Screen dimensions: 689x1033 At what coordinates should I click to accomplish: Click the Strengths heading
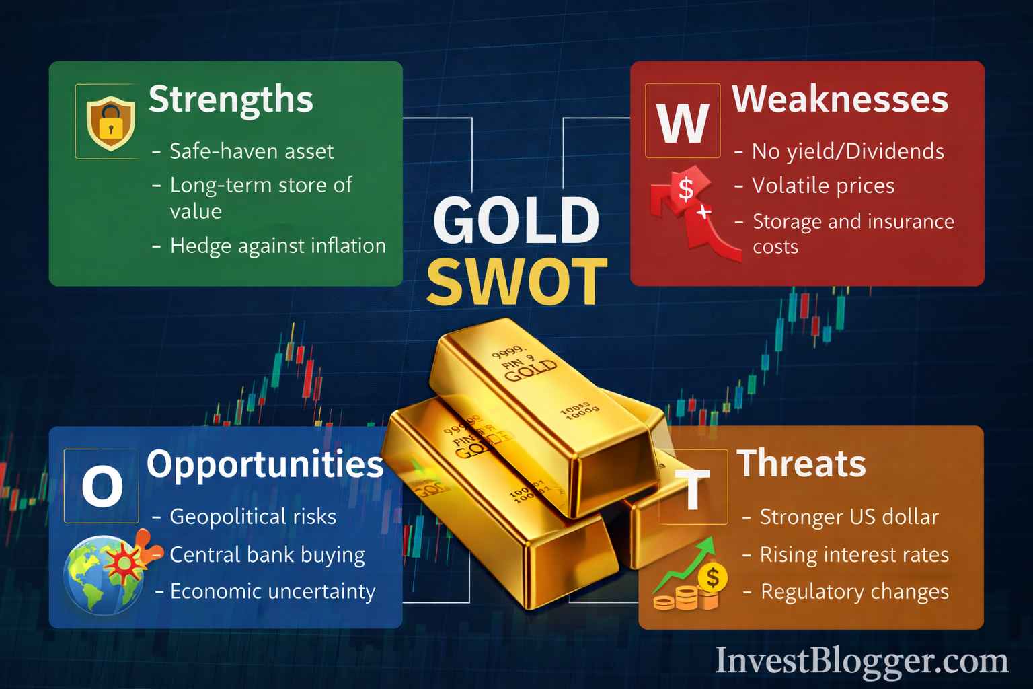point(231,100)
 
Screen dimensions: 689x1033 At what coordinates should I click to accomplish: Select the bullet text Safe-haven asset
point(251,151)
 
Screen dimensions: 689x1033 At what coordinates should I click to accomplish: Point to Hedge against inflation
point(278,246)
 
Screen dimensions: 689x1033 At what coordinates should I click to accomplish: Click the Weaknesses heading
point(840,100)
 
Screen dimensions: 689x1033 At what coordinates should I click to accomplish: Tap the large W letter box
point(683,121)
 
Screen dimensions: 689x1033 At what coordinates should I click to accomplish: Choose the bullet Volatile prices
point(823,186)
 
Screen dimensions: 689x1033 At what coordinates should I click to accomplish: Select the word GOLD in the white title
point(516,221)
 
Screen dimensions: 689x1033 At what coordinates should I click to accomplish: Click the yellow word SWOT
point(516,281)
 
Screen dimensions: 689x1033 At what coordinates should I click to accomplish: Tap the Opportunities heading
point(265,464)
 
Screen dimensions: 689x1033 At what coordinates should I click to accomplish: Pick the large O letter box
point(102,486)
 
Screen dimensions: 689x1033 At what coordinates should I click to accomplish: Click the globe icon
point(104,574)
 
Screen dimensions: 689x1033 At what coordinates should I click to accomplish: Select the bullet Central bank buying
point(267,555)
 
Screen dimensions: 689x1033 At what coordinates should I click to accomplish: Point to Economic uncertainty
point(272,591)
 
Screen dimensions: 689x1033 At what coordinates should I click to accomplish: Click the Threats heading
point(801,464)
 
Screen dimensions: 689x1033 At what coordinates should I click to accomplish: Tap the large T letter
point(693,488)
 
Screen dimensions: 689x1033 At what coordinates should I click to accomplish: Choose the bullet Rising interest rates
point(854,555)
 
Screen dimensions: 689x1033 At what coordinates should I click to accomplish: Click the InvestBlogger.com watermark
point(862,661)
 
